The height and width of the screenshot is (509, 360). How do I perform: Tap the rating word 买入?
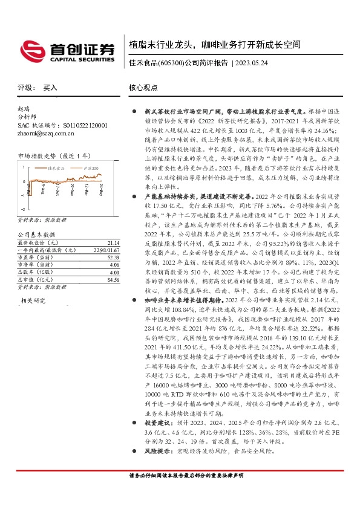click(50, 88)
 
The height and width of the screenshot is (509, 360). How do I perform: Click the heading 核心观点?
click(143, 88)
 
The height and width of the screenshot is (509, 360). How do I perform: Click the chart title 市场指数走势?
click(33, 155)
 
